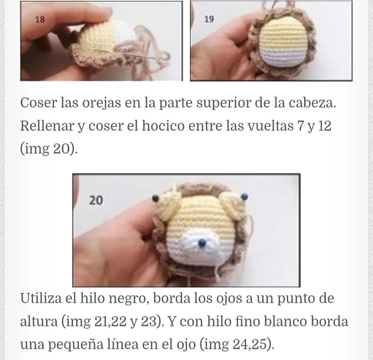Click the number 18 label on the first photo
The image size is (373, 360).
[x=40, y=19]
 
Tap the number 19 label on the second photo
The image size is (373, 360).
[x=209, y=19]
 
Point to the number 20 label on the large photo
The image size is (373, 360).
[x=96, y=200]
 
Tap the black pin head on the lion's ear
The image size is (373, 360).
[x=155, y=198]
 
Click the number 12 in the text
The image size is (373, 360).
[x=324, y=126]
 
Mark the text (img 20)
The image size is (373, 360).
[x=49, y=149]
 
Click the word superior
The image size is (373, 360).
[x=220, y=103]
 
